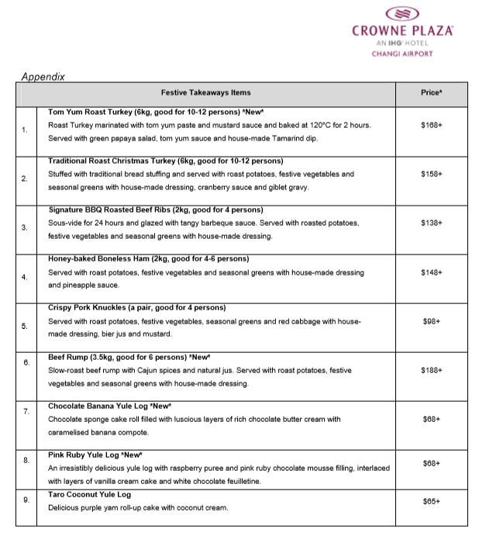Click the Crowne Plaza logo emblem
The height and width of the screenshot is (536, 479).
pyautogui.click(x=402, y=13)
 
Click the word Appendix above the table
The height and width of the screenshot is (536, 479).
pyautogui.click(x=43, y=77)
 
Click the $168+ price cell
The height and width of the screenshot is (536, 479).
pyautogui.click(x=432, y=125)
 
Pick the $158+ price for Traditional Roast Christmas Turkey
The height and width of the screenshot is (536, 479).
pyautogui.click(x=432, y=174)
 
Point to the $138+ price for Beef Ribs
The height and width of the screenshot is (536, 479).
pyautogui.click(x=432, y=223)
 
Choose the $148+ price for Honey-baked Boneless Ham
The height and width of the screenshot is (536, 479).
pyautogui.click(x=432, y=272)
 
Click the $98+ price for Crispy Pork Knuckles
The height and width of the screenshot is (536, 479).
pyautogui.click(x=432, y=320)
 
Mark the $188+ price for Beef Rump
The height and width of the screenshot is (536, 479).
pyautogui.click(x=432, y=370)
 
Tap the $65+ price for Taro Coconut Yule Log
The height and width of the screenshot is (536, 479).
pyautogui.click(x=432, y=502)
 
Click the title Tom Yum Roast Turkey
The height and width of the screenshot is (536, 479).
pyautogui.click(x=129, y=112)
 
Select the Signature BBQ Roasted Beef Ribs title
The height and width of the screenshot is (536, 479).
pyautogui.click(x=155, y=209)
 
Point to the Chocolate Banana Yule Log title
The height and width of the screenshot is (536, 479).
pyautogui.click(x=109, y=406)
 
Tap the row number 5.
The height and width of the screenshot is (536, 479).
pyautogui.click(x=25, y=326)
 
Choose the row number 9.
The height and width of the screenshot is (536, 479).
pyautogui.click(x=25, y=500)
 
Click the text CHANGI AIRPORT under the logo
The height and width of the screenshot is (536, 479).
pyautogui.click(x=402, y=54)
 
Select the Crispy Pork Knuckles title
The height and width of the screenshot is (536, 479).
pyautogui.click(x=136, y=308)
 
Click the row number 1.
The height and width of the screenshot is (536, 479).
pyautogui.click(x=25, y=130)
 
